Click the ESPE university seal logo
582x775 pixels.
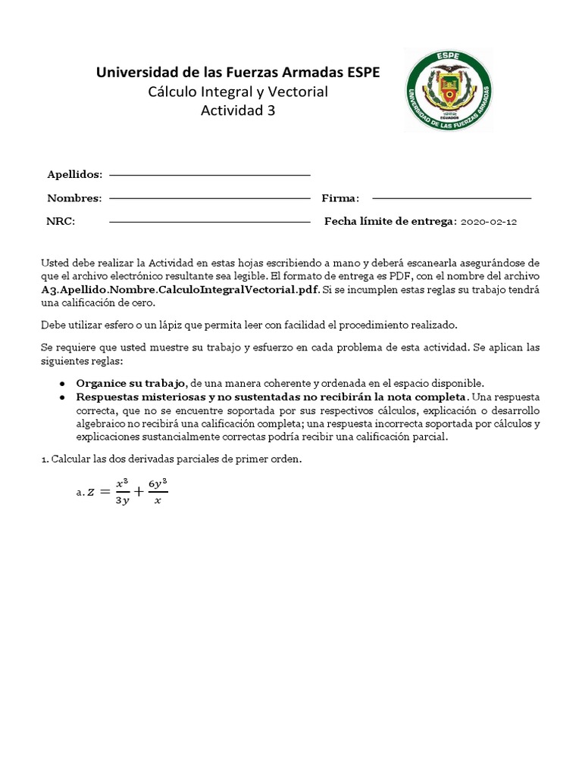pos(448,89)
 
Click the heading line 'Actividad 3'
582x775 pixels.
pos(238,110)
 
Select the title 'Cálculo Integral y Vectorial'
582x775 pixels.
pos(238,92)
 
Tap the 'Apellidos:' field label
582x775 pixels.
pos(74,175)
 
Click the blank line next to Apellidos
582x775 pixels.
pos(210,176)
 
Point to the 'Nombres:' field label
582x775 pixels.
pos(74,198)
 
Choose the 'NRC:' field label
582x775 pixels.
pos(61,222)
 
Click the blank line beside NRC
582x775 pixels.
pos(210,223)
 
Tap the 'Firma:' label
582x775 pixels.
pos(340,198)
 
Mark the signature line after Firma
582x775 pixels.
pos(447,199)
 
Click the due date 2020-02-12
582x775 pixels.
pos(490,222)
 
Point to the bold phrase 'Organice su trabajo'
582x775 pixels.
pos(130,384)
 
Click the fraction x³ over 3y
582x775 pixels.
pos(120,492)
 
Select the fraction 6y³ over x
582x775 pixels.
pos(158,492)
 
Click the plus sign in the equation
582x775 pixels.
pos(138,492)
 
